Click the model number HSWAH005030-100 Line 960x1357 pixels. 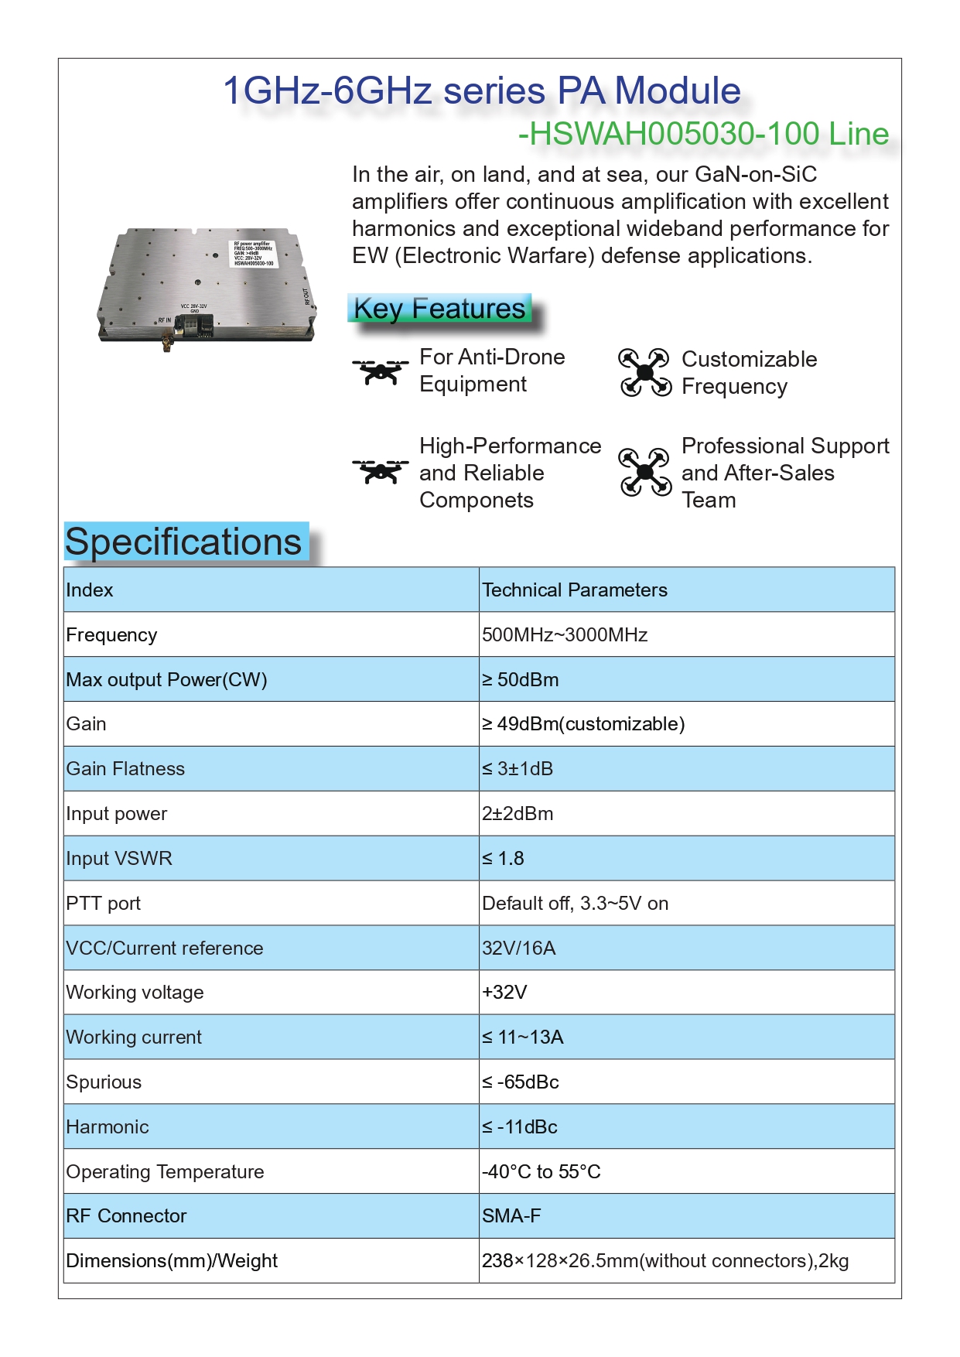704,134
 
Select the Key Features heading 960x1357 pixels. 439,309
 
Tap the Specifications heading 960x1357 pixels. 183,542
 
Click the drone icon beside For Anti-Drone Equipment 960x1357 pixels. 381,371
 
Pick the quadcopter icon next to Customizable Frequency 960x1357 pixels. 644,372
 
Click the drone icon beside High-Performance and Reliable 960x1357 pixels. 381,471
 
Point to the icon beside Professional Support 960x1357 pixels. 644,471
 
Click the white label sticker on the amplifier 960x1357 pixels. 253,254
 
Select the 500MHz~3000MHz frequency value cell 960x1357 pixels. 565,635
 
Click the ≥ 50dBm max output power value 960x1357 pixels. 521,680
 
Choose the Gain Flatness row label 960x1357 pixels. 125,769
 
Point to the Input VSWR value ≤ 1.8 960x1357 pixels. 504,859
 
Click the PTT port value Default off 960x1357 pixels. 575,904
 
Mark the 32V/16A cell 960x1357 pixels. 519,949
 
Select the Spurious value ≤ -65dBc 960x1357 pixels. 521,1082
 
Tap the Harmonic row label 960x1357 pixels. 108,1127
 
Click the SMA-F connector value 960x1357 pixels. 511,1216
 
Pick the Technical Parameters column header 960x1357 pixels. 575,590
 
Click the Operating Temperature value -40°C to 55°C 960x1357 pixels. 541,1172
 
